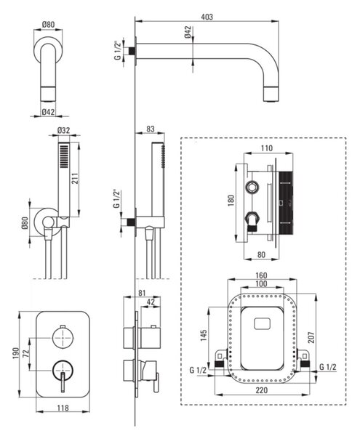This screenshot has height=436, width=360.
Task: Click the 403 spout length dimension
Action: (207, 17)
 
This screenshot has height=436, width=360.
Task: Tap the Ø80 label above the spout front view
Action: (49, 25)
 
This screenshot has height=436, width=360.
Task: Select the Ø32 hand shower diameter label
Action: (64, 130)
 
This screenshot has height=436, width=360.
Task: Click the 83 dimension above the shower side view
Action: (151, 129)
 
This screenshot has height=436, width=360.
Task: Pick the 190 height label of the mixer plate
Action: (15, 353)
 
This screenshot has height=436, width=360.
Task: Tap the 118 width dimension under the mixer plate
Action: (63, 408)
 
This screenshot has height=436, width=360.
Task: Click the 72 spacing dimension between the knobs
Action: (25, 354)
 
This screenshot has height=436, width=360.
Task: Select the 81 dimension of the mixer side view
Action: (142, 293)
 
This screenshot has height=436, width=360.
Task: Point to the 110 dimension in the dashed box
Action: (267, 148)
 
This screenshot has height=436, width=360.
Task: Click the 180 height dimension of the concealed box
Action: (231, 201)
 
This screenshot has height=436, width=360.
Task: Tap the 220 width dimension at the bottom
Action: (261, 389)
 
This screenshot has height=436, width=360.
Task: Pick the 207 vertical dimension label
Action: (311, 337)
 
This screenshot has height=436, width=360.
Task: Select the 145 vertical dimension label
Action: (204, 335)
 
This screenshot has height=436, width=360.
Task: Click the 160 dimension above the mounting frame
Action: (261, 275)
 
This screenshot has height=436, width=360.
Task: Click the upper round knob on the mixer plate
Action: (63, 337)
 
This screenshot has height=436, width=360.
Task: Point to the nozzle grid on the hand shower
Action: (64, 156)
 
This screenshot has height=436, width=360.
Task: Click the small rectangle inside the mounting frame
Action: (262, 323)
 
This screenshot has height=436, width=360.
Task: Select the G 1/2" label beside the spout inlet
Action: (118, 51)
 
